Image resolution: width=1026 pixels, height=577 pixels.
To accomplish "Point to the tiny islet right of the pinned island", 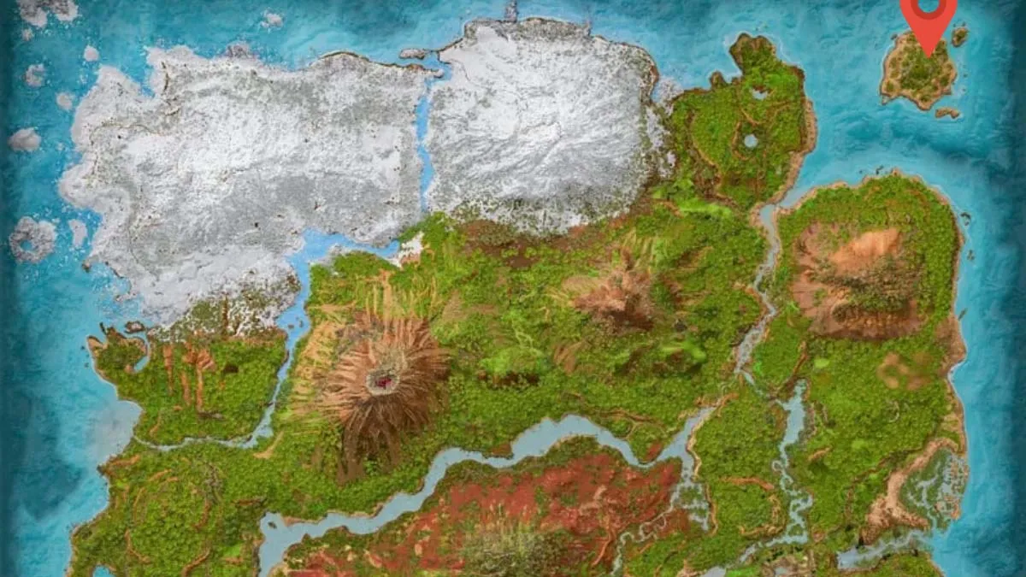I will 960,36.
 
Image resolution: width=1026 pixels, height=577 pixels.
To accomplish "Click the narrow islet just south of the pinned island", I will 946,113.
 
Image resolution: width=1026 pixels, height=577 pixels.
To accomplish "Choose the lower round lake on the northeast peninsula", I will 750,141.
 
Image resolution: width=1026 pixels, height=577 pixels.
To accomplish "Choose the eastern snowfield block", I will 543,120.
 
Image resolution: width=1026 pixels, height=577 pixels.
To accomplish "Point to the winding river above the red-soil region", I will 513,445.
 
